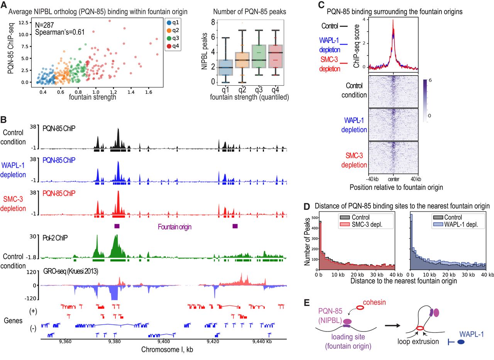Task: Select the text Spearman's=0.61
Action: click(60, 33)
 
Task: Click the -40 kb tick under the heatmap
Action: click(371, 179)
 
